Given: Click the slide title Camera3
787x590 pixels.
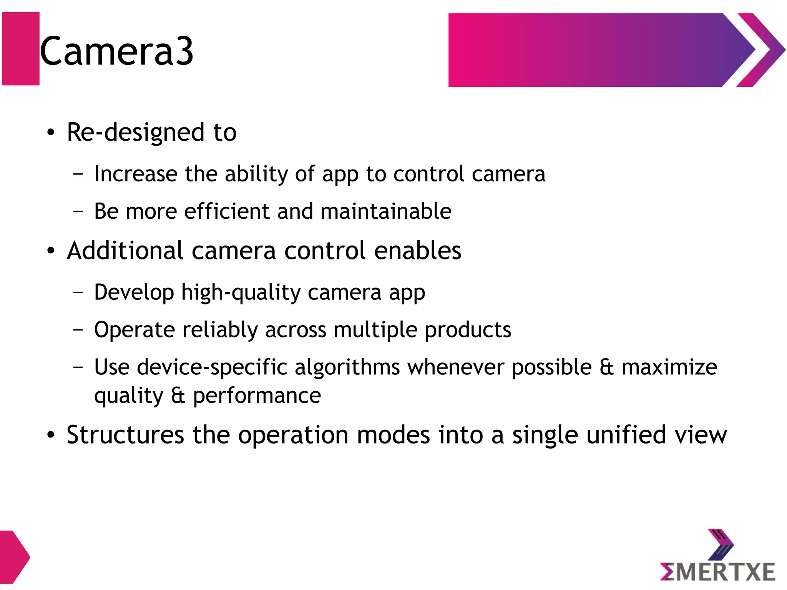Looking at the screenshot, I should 116,51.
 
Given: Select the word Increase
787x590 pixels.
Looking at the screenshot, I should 136,174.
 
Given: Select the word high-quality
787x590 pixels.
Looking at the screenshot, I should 241,292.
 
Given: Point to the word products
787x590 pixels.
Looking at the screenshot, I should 468,330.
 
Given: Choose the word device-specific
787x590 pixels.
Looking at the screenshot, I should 212,367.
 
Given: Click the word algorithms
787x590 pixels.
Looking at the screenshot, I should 347,367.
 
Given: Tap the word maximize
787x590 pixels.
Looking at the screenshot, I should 669,367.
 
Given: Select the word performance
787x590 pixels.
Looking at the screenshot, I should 257,396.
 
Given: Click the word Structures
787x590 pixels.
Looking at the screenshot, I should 125,435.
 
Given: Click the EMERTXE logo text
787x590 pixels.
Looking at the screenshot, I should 717,572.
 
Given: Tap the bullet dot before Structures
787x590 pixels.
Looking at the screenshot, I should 51,435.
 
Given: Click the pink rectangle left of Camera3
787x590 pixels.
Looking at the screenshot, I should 21,49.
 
